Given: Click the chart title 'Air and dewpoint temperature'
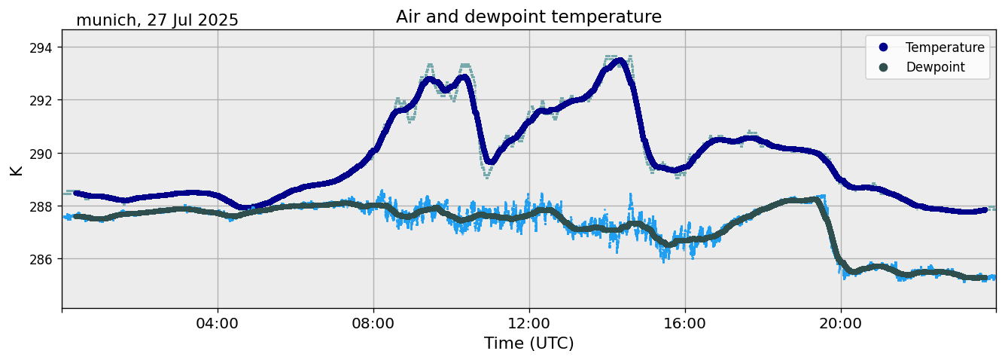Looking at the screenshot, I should pos(528,17).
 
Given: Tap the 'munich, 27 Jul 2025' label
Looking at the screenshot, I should pos(157,20).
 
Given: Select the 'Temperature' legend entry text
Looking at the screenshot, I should pos(945,47).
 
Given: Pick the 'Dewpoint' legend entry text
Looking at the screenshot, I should pos(935,67).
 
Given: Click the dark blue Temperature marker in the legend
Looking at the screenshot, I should pos(883,47).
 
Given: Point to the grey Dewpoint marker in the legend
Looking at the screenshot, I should pos(883,67).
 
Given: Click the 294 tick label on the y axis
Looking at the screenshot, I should pos(42,47).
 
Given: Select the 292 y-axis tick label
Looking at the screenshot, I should pos(42,100).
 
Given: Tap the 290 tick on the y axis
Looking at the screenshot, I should pos(42,153).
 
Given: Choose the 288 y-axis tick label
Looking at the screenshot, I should pos(42,206).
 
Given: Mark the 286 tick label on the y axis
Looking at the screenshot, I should pos(42,259).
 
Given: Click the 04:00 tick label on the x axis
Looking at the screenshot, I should pos(218,323).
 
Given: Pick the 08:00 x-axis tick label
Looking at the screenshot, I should pos(373,323).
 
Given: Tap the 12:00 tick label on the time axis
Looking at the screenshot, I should pos(529,323).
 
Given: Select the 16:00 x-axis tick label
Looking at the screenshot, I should pos(685,323).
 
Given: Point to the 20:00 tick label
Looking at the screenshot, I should pos(841,323).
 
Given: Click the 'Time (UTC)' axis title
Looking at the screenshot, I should pos(528,343).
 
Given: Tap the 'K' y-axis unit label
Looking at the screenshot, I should pos(17,169).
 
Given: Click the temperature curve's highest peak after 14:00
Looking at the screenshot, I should pos(619,61).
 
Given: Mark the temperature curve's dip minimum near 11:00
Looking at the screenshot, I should pos(489,161).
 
